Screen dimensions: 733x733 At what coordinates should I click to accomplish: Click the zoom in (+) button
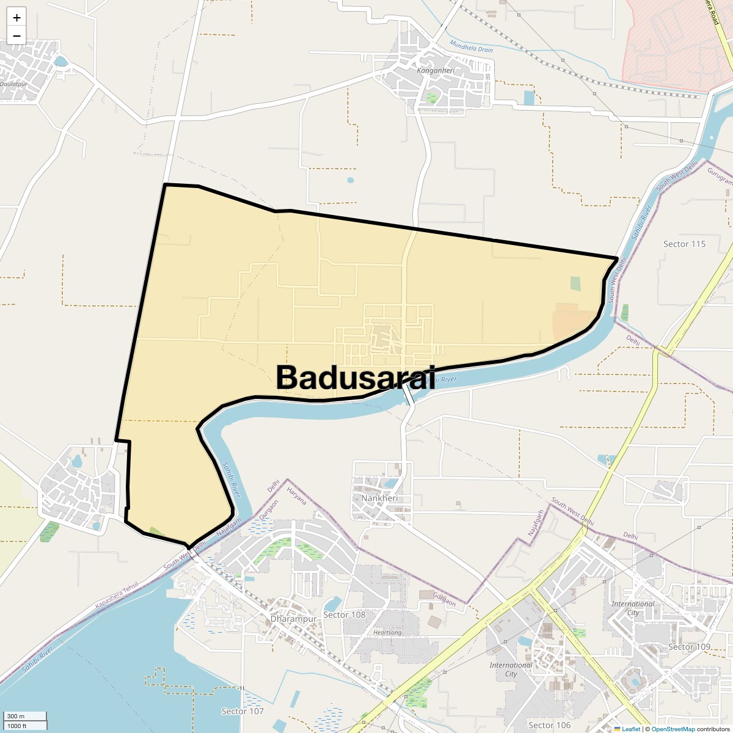[16, 18]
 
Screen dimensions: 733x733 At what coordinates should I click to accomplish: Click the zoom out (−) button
[16, 35]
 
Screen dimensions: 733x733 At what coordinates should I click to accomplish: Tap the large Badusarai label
[356, 377]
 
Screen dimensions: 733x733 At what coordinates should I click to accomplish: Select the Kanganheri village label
[436, 70]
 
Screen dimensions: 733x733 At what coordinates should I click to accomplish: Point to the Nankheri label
[379, 498]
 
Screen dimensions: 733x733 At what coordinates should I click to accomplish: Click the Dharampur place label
[294, 619]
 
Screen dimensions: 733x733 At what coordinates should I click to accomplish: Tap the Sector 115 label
[684, 244]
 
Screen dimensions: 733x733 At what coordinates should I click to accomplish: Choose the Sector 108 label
[344, 614]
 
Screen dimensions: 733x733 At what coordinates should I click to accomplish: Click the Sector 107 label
[243, 711]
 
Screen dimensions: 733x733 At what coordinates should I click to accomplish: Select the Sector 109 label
[689, 646]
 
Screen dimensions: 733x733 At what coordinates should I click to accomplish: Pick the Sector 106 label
[549, 725]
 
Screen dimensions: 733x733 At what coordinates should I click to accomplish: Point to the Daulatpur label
[13, 84]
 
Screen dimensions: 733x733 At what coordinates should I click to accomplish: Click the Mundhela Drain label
[471, 46]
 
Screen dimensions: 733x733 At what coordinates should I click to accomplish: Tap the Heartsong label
[387, 632]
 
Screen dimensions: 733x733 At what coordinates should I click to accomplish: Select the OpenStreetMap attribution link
[673, 729]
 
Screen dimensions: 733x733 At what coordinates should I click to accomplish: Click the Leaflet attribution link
[631, 729]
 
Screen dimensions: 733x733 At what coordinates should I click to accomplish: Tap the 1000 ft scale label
[17, 726]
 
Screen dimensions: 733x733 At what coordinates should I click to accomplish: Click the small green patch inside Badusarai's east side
[575, 283]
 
